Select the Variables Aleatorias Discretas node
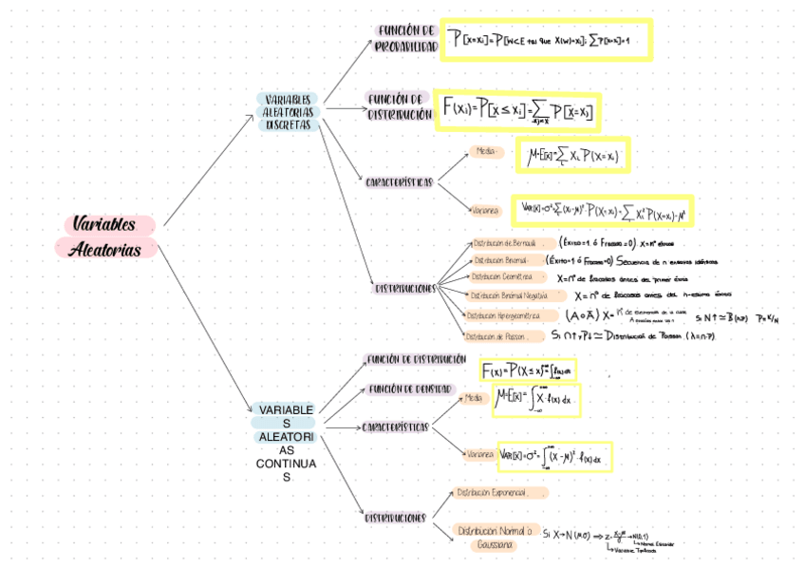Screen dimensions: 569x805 (x=289, y=111)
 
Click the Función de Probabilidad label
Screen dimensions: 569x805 (x=405, y=38)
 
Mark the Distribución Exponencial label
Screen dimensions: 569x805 (x=498, y=493)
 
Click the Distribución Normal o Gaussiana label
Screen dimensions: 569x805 (x=495, y=537)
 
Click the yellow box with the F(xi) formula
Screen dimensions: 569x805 (x=517, y=111)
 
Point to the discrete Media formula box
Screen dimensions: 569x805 (x=572, y=155)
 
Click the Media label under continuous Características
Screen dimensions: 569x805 (x=474, y=398)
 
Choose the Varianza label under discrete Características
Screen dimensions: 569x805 (x=485, y=209)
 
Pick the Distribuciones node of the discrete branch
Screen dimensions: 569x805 (x=404, y=287)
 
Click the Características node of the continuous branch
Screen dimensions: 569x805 (x=395, y=427)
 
